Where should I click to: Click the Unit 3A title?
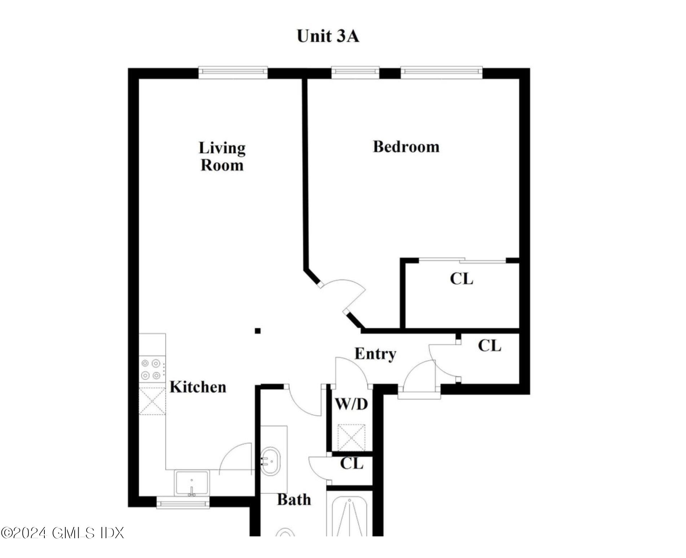pyautogui.click(x=327, y=36)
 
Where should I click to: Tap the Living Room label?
pyautogui.click(x=222, y=156)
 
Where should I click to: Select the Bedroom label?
pyautogui.click(x=406, y=147)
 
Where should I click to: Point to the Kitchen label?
pyautogui.click(x=198, y=387)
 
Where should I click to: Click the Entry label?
pyautogui.click(x=375, y=354)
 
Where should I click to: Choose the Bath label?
pyautogui.click(x=294, y=500)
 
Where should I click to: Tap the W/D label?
pyautogui.click(x=351, y=404)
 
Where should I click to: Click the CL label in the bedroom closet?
pyautogui.click(x=461, y=279)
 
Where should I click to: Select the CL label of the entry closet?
pyautogui.click(x=489, y=346)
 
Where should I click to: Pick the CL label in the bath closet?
pyautogui.click(x=352, y=464)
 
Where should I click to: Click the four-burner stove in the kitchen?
pyautogui.click(x=151, y=369)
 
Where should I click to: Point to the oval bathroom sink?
pyautogui.click(x=270, y=461)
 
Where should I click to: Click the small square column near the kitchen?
pyautogui.click(x=258, y=331)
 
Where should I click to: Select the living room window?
pyautogui.click(x=233, y=73)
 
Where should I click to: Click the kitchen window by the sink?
pyautogui.click(x=183, y=502)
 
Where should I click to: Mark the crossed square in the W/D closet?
pyautogui.click(x=351, y=438)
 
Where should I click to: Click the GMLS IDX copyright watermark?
pyautogui.click(x=62, y=533)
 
